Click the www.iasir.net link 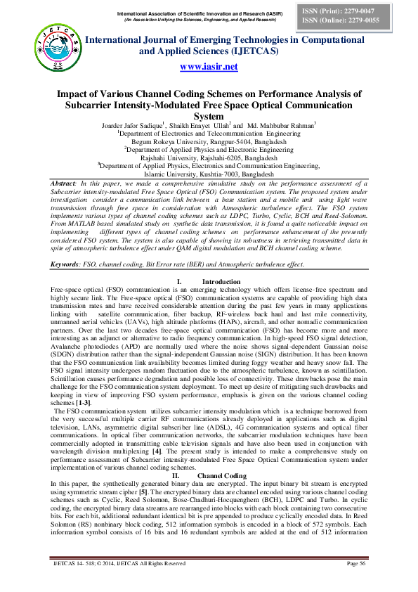click(x=209, y=67)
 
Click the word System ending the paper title click(x=209, y=116)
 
